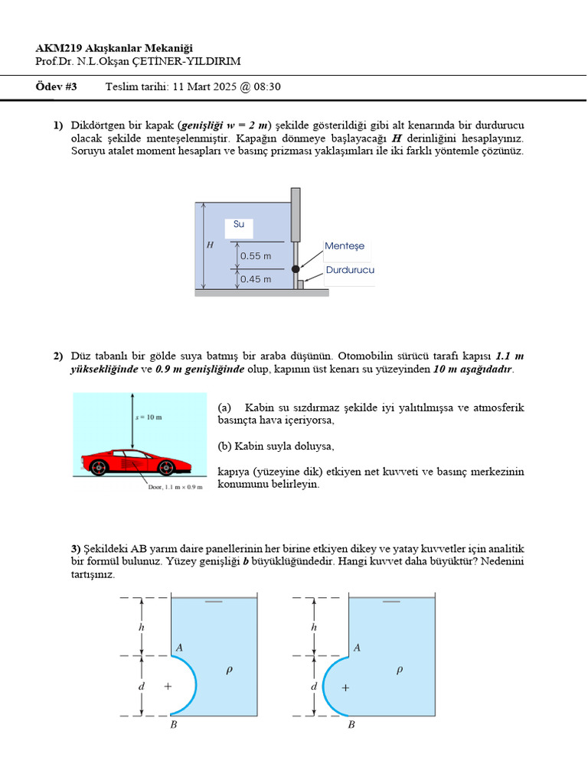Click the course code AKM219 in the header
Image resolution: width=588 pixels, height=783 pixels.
pos(58,48)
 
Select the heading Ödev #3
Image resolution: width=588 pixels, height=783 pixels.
pos(56,86)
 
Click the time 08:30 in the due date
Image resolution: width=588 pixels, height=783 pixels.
pos(267,86)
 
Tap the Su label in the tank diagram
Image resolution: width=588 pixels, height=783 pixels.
pos(239,224)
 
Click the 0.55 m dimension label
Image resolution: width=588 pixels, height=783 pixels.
pos(256,256)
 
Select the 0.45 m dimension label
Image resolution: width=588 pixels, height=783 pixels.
pos(256,279)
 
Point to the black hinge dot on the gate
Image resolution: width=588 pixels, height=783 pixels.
pos(295,269)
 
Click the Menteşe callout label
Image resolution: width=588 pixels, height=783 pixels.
pos(345,246)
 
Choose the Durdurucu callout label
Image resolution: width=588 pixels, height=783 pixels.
pos(350,270)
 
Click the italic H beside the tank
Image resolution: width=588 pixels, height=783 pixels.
pos(210,245)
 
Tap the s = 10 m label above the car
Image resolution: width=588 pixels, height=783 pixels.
pos(149,417)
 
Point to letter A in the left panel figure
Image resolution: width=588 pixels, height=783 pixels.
pos(179,648)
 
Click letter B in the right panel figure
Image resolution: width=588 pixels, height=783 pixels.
pos(351,725)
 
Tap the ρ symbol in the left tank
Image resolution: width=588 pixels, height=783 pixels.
pos(228,670)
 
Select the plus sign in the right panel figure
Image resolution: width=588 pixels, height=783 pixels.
pos(345,687)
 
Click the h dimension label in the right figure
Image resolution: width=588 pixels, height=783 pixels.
pos(314,627)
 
